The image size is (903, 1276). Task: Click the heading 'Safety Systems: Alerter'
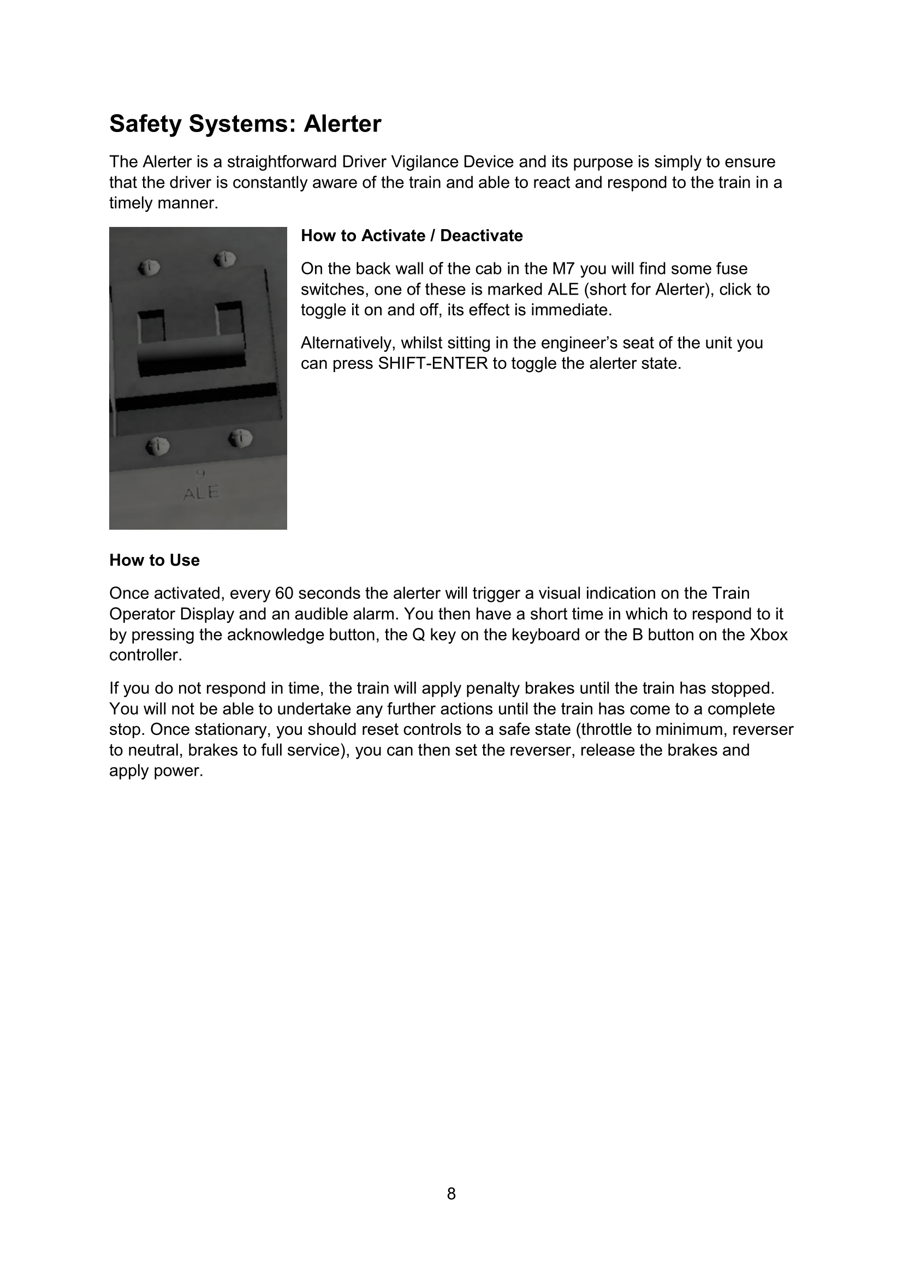click(245, 123)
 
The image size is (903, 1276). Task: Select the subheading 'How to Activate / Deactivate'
click(412, 236)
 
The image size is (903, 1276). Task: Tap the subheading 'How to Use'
click(154, 560)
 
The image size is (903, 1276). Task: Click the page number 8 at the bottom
click(451, 1193)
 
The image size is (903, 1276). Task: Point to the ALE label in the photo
click(201, 493)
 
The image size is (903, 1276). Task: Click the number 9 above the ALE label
click(200, 474)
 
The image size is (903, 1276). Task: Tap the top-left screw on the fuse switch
click(150, 268)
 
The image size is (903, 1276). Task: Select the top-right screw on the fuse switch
click(225, 259)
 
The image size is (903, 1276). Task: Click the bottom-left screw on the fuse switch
click(157, 445)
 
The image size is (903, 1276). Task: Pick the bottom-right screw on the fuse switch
click(240, 439)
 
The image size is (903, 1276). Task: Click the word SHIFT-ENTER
click(432, 363)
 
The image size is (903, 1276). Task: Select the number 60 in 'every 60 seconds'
click(283, 594)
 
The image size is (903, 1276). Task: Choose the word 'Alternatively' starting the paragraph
click(345, 343)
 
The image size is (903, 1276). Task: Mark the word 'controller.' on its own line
click(146, 655)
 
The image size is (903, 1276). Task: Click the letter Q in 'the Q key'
click(419, 634)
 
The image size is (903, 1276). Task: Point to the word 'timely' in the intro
click(130, 203)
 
